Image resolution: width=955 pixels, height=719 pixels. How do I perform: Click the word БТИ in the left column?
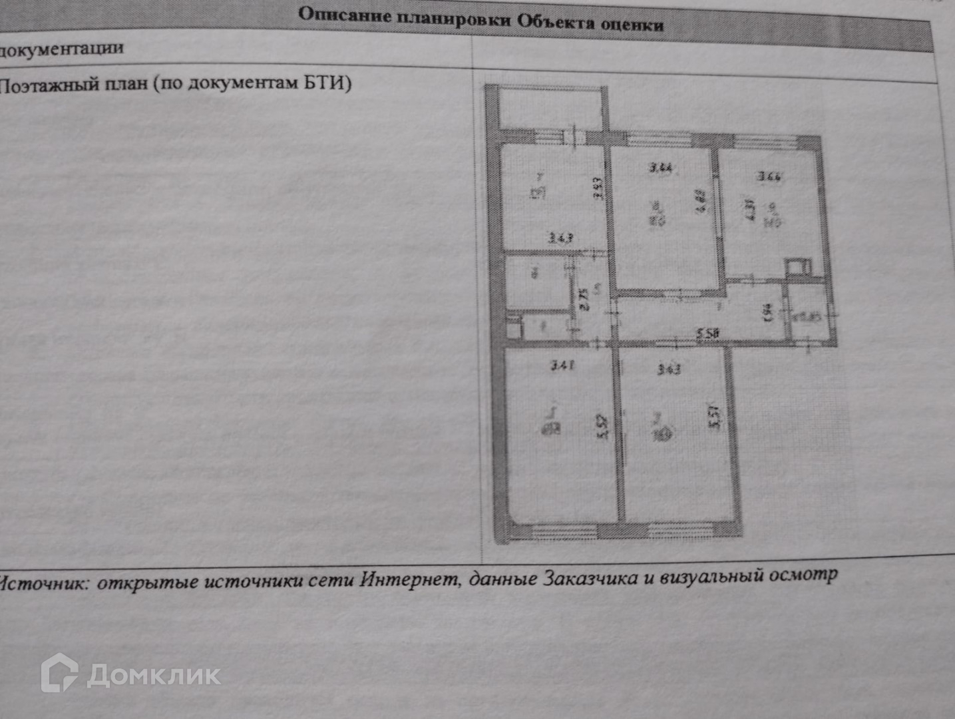pos(326,83)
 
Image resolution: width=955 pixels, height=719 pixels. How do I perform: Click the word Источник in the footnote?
pos(43,583)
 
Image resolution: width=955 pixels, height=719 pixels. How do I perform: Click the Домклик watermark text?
pos(154,676)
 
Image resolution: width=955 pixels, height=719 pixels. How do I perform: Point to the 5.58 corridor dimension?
pos(707,334)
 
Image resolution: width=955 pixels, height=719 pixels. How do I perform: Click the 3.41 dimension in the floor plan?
pos(562,365)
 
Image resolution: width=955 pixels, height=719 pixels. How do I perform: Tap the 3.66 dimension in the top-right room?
pos(769,177)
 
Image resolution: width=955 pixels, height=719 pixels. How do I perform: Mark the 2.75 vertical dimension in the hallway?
pos(584,298)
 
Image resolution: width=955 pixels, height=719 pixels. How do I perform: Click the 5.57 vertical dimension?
pos(715,417)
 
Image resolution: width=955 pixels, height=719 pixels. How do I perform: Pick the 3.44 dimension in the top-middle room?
pos(660,168)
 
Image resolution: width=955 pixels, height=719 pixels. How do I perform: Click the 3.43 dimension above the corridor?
pos(668,369)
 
